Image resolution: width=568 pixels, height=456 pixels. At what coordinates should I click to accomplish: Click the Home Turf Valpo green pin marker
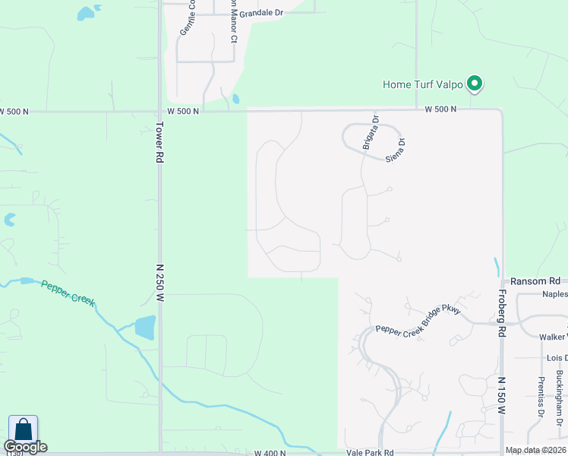tap(475, 84)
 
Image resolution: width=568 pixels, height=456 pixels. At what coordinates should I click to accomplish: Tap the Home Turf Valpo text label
tap(423, 84)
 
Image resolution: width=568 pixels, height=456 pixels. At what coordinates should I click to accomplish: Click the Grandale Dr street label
tap(260, 14)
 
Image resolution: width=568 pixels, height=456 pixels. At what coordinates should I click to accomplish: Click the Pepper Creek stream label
tap(68, 293)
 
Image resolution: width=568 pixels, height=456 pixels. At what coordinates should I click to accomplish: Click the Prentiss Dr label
tap(541, 396)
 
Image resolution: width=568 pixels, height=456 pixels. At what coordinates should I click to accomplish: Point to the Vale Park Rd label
tap(369, 451)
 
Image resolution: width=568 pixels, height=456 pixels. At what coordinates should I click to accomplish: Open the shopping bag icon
tap(23, 429)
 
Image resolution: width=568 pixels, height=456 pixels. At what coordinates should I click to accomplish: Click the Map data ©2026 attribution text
tap(535, 450)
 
